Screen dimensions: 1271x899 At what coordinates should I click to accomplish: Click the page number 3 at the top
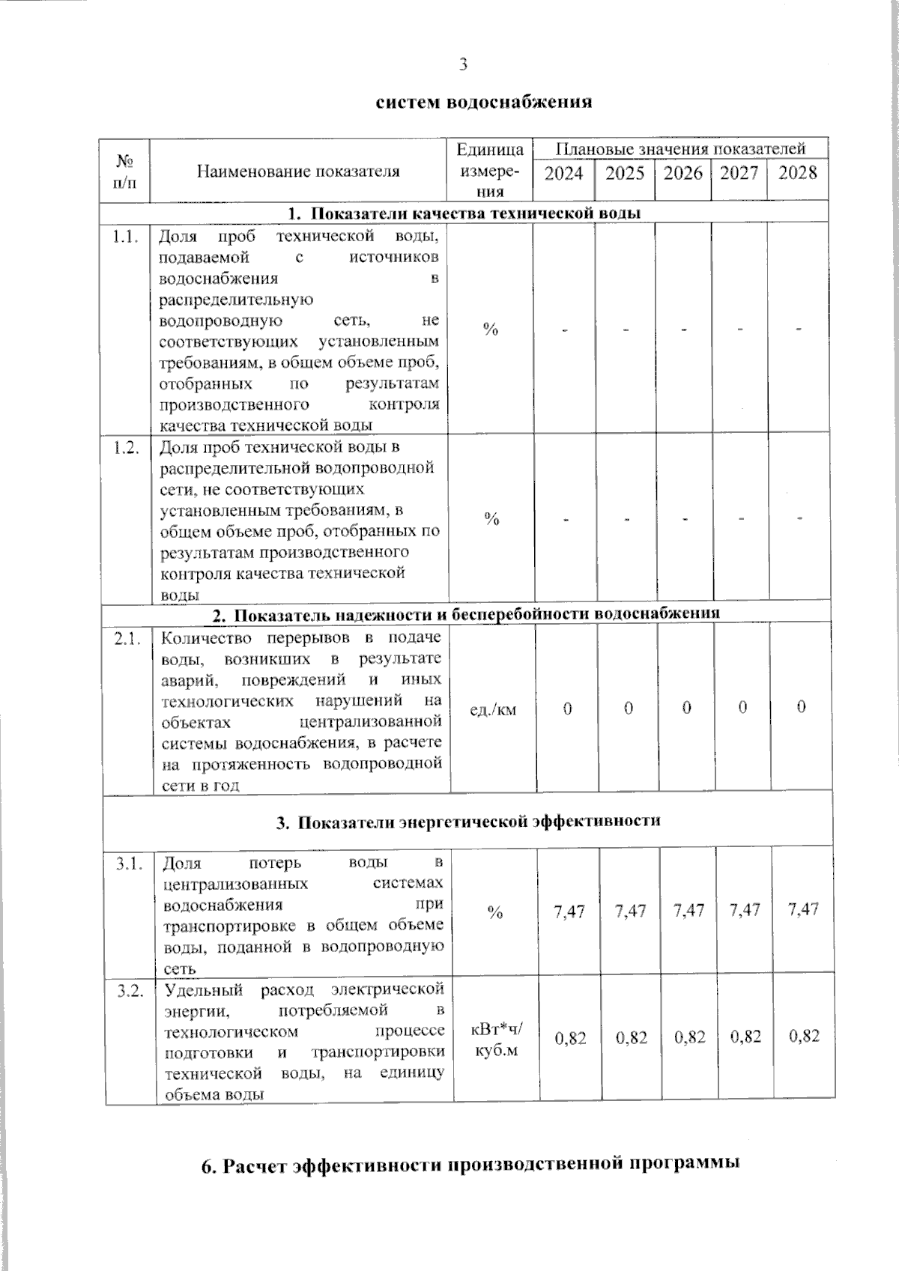tap(463, 65)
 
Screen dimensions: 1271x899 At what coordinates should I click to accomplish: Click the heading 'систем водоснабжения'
tap(483, 102)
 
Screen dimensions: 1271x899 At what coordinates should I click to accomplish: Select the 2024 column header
tap(563, 174)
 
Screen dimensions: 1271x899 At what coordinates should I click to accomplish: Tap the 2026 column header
tap(683, 174)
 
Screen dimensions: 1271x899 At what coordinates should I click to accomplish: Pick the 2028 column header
tap(797, 174)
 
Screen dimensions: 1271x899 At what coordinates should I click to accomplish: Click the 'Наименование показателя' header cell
tap(298, 172)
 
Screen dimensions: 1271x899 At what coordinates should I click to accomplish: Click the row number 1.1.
tap(125, 237)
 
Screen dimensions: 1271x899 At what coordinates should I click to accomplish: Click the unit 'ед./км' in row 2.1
tap(492, 709)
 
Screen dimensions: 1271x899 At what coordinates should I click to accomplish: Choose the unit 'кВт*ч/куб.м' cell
tap(497, 1039)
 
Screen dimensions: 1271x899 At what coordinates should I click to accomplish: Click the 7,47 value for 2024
tap(569, 911)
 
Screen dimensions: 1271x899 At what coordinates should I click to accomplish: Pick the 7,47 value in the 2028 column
tap(804, 910)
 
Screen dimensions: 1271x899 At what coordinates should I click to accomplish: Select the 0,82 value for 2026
tap(690, 1037)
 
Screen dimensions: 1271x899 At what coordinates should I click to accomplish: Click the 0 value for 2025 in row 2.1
tap(628, 708)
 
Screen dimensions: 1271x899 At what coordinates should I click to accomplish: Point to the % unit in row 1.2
tap(491, 519)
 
